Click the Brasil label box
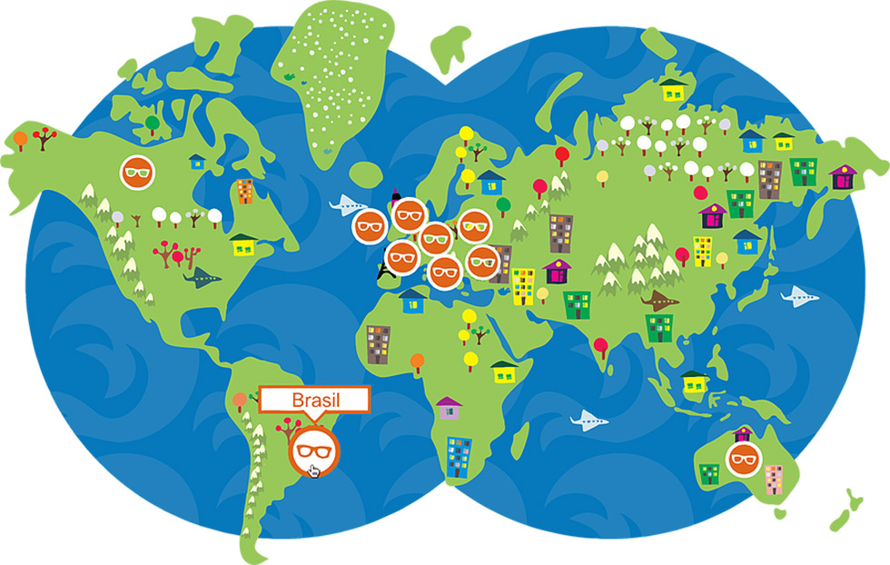[314, 400]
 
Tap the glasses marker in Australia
[743, 458]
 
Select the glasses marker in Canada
[138, 172]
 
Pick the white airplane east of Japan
[799, 295]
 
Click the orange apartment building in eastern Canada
[244, 191]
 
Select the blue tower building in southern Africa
[459, 456]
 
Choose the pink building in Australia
[773, 479]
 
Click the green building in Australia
[710, 472]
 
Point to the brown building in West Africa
[378, 343]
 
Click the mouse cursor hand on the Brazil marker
[314, 470]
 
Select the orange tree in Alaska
[20, 139]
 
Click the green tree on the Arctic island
[152, 120]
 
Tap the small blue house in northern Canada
[197, 161]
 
